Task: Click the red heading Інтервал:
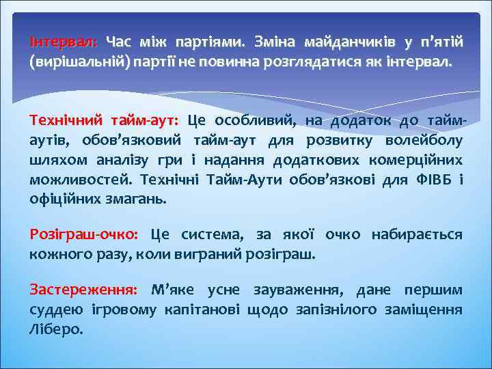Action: point(64,42)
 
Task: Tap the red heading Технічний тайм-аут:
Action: point(103,121)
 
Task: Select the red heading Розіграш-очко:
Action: point(83,235)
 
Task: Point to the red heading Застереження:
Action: point(83,289)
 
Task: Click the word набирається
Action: point(416,235)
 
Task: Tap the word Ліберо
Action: point(55,329)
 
